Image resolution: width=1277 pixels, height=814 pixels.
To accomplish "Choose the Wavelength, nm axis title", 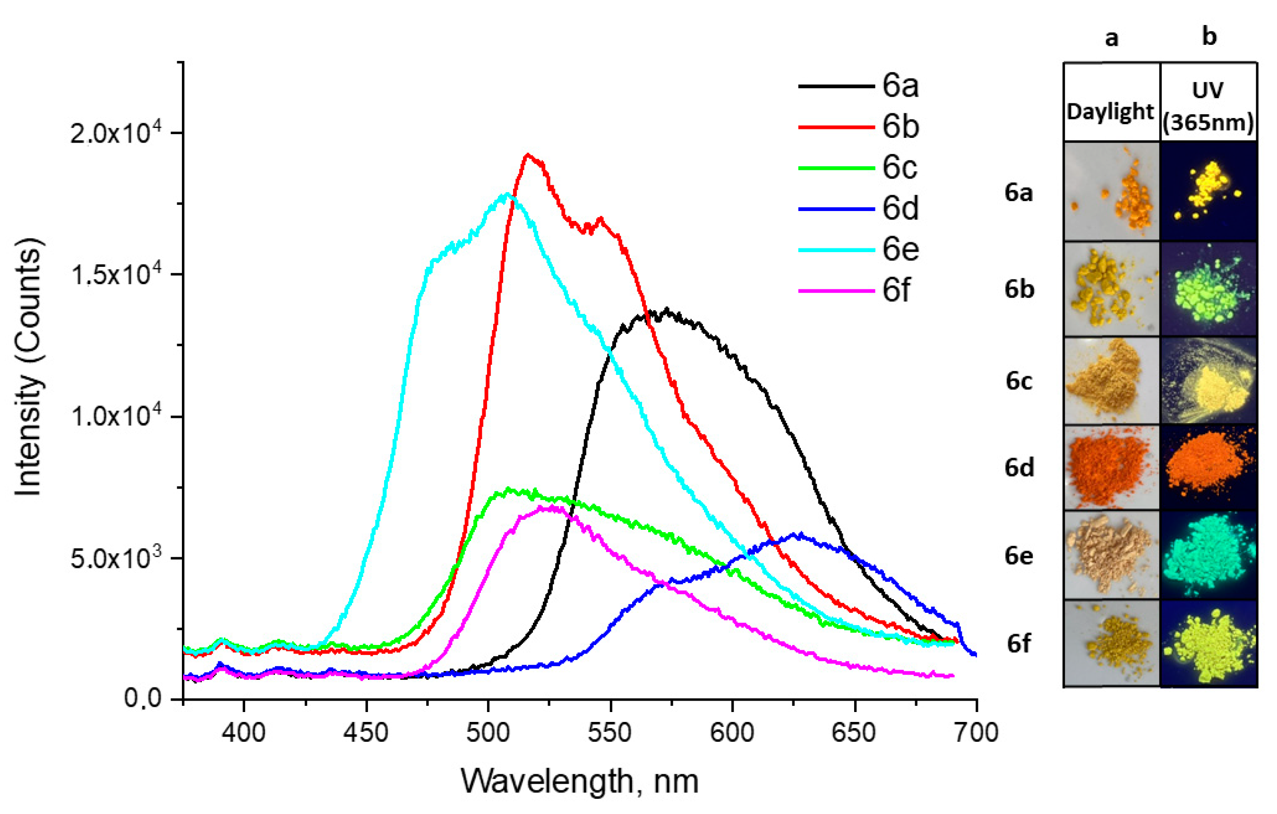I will pyautogui.click(x=579, y=781).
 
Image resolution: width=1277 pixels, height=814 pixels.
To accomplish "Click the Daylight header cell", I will pyautogui.click(x=1111, y=112).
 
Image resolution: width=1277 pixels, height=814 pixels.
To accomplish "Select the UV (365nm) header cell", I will pyautogui.click(x=1208, y=106).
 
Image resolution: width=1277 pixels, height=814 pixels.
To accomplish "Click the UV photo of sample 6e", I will pyautogui.click(x=1208, y=555).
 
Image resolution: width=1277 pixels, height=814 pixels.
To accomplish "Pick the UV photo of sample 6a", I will pyautogui.click(x=1208, y=192).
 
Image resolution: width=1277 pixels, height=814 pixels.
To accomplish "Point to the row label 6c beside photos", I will pyautogui.click(x=1019, y=381).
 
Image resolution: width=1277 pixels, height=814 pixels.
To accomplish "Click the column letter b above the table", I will pyautogui.click(x=1209, y=37).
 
